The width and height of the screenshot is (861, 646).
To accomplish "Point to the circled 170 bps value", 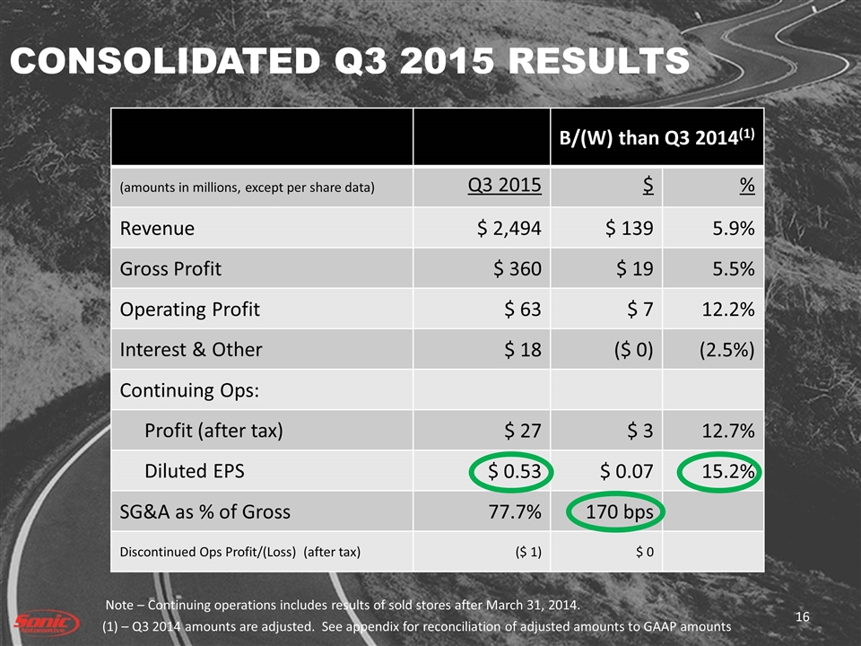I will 620,512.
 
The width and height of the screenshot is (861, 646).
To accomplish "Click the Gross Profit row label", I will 170,268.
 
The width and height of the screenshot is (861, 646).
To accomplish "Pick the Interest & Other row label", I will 191,350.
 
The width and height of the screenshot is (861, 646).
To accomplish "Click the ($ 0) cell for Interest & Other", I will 628,350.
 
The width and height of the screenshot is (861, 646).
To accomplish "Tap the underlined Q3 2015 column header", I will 506,186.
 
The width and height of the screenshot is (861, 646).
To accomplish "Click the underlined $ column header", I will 647,186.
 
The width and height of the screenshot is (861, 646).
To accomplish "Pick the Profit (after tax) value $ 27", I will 523,431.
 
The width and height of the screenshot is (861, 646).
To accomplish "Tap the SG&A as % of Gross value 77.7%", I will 514,512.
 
